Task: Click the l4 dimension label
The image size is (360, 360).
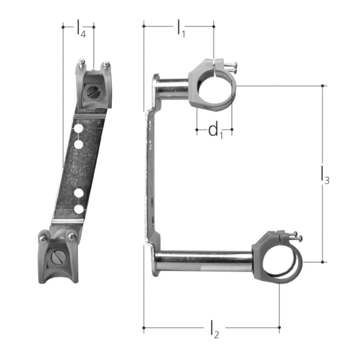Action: pyautogui.click(x=81, y=29)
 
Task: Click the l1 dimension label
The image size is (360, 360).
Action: pyautogui.click(x=180, y=28)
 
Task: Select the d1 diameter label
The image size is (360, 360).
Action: pyautogui.click(x=215, y=130)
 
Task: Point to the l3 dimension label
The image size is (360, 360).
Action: pyautogui.click(x=324, y=176)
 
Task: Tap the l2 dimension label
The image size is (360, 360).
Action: pyautogui.click(x=214, y=330)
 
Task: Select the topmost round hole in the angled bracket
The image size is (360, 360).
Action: pyautogui.click(x=79, y=129)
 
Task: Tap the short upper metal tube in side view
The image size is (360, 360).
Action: pyautogui.click(x=172, y=88)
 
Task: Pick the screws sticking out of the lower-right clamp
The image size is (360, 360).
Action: pyautogui.click(x=295, y=236)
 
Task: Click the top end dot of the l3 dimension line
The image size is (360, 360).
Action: pyautogui.click(x=323, y=86)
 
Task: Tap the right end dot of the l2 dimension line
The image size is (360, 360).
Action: pyautogui.click(x=279, y=327)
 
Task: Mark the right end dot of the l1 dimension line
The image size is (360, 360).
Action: pyautogui.click(x=214, y=26)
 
